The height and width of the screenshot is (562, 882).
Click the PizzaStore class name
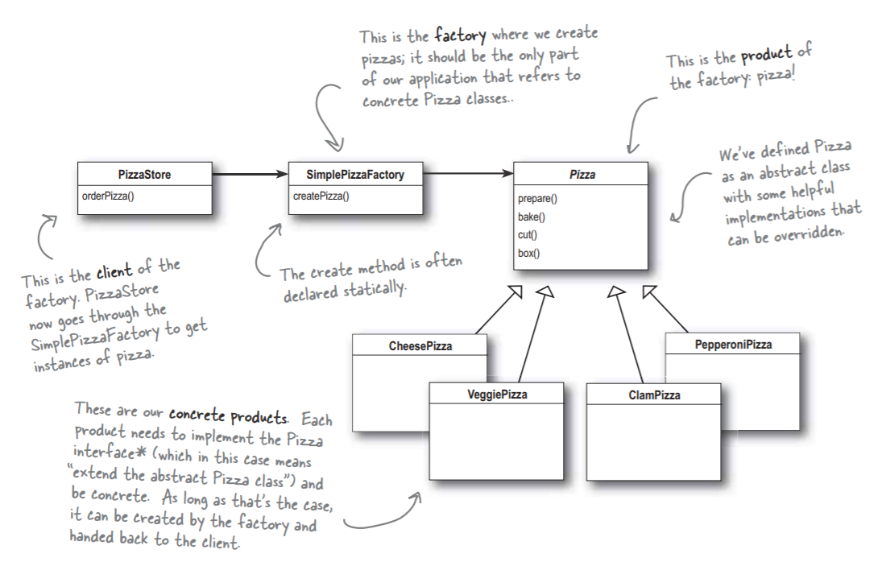tap(146, 174)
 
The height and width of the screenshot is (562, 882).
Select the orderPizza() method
tap(108, 196)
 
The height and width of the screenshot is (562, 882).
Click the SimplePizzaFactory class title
tap(355, 174)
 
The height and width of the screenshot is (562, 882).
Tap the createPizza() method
tap(320, 196)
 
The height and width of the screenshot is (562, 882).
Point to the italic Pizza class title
tap(582, 174)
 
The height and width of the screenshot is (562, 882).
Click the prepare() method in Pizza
tap(537, 198)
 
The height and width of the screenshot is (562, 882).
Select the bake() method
tap(532, 217)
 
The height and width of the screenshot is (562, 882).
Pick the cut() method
tap(528, 234)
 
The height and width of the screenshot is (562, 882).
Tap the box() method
tap(529, 253)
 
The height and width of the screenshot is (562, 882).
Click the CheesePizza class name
tap(420, 345)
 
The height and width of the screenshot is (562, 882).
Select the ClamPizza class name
tap(654, 395)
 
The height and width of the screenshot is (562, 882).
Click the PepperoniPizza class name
tap(732, 345)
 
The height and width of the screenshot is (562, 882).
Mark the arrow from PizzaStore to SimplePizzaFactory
tap(251, 173)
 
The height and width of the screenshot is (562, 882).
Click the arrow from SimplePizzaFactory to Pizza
tap(468, 173)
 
